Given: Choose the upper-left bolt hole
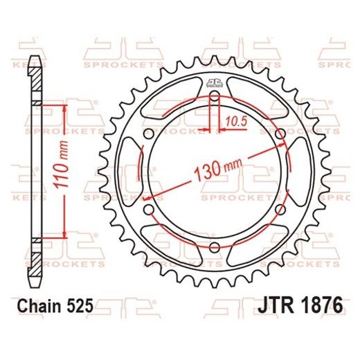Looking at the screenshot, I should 148,134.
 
